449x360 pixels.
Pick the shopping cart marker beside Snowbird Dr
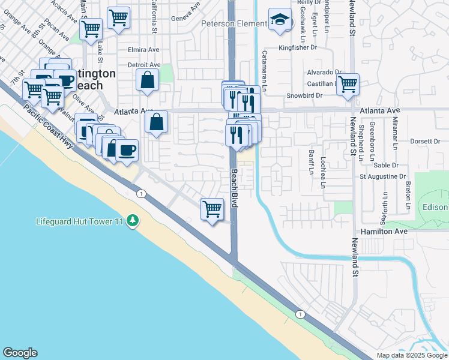[348, 85]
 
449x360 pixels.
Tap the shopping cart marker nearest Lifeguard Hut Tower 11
[211, 209]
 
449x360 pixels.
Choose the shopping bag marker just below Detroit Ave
[147, 80]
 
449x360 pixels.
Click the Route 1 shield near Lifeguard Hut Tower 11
[141, 193]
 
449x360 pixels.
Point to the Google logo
[20, 353]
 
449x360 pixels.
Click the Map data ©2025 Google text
[412, 355]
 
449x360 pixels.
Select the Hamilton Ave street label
[384, 231]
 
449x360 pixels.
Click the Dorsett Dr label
[427, 141]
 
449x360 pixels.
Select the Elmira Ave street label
[143, 50]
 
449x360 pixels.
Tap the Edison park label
[436, 208]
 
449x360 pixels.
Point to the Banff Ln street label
[312, 163]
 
